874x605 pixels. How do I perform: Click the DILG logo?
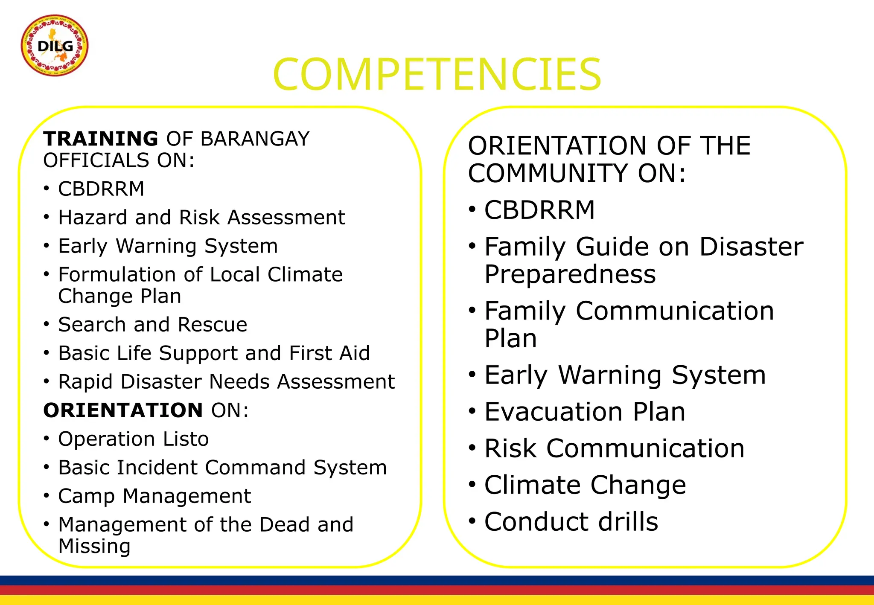(55, 46)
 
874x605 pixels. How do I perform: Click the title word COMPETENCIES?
(437, 75)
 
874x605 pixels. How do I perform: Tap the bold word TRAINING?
(101, 139)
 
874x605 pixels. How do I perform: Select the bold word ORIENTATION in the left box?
(123, 410)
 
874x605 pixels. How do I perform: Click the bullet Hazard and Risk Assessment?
(201, 218)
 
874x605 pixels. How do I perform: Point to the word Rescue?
(212, 325)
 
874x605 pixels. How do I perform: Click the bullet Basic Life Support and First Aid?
(214, 353)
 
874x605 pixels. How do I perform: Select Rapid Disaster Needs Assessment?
(226, 382)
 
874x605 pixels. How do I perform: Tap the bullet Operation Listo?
(133, 439)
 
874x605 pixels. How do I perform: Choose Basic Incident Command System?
(222, 468)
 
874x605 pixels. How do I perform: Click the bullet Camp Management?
(154, 496)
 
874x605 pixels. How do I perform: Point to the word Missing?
(94, 547)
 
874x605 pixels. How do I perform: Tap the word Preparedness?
(570, 274)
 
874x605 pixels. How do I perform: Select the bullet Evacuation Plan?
(585, 412)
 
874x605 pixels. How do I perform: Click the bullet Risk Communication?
(614, 449)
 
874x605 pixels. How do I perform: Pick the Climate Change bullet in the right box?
(585, 486)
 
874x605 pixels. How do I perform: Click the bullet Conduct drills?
(571, 522)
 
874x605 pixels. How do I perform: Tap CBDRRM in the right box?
(539, 210)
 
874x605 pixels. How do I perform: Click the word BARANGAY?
(255, 139)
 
